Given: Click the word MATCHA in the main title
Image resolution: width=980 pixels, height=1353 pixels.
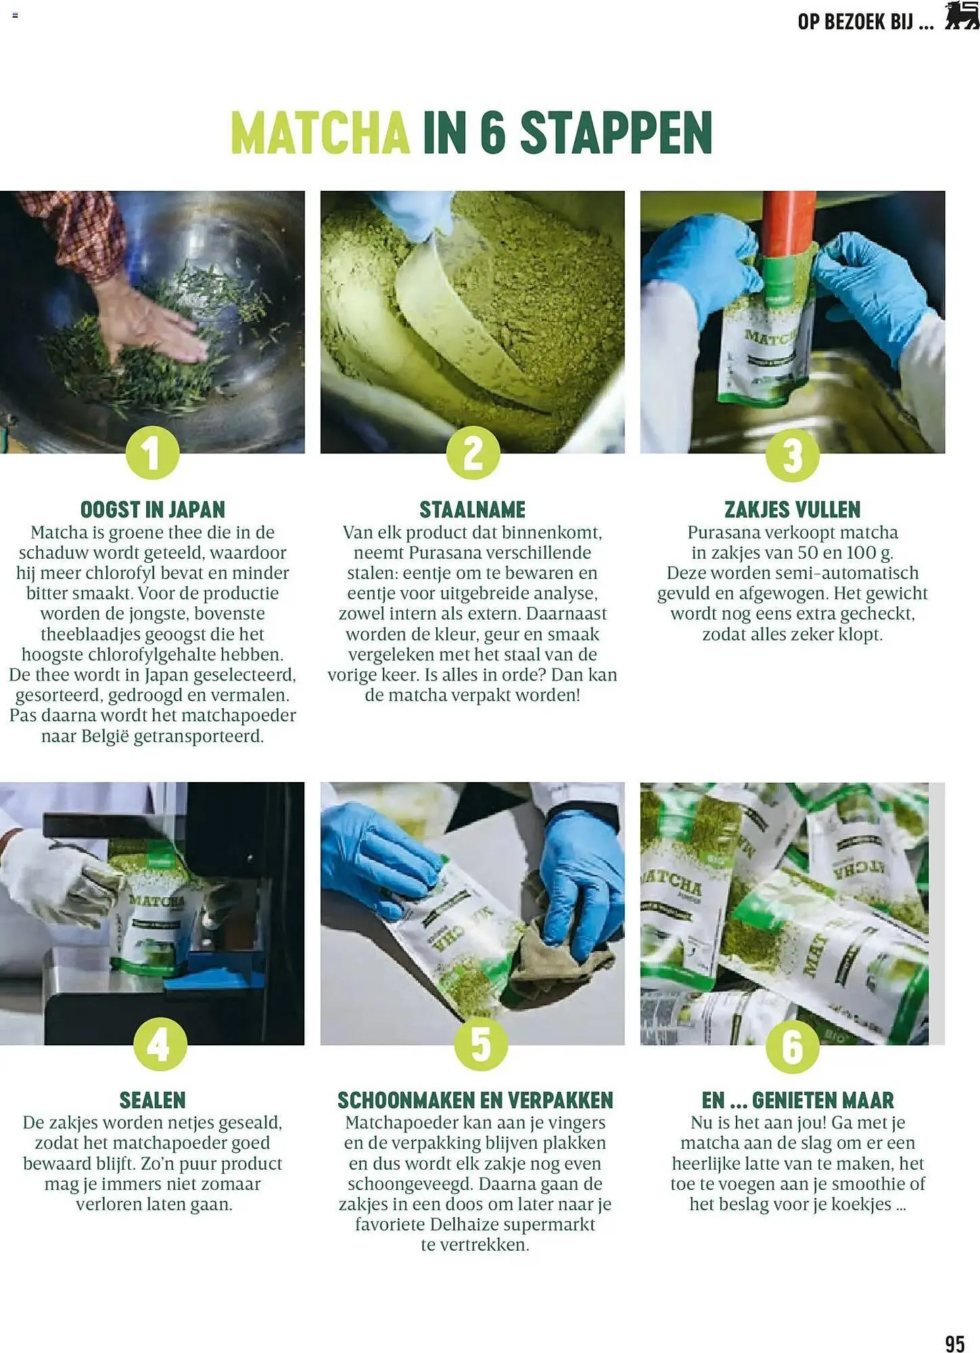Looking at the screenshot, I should [320, 133].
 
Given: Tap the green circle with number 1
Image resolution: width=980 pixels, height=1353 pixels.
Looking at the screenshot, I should [153, 453].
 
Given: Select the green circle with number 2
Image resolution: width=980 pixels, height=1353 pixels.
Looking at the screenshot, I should [473, 453].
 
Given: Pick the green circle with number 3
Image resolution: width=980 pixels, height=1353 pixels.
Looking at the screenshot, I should [792, 455].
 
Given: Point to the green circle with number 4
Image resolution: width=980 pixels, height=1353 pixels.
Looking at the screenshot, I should [160, 1045].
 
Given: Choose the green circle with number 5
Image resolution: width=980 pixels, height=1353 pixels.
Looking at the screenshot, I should [480, 1045].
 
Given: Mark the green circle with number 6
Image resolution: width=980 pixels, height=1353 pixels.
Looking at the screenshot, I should [792, 1047].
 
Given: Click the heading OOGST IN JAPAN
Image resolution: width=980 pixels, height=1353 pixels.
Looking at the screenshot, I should [153, 509].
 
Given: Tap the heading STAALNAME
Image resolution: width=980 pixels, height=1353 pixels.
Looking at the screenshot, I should [472, 509].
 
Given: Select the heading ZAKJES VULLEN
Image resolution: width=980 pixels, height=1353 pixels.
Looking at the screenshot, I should [792, 509].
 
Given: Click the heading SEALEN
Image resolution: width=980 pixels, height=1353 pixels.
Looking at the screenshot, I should [153, 1100].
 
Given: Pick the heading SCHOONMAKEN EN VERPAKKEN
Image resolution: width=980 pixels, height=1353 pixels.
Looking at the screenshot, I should [475, 1100].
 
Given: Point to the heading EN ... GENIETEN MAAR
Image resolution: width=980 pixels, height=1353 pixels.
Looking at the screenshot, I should [797, 1100].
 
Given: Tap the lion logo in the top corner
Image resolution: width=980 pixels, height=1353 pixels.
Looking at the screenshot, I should [961, 16].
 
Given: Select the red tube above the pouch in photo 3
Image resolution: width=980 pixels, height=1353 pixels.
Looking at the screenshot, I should [790, 223].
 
